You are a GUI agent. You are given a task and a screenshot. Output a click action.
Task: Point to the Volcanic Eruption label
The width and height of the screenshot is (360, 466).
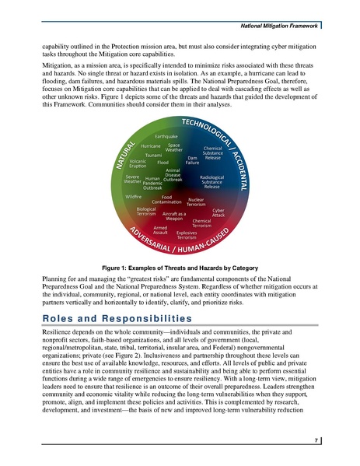(138, 163)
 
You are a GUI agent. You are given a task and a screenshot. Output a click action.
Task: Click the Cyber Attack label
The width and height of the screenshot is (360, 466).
(218, 212)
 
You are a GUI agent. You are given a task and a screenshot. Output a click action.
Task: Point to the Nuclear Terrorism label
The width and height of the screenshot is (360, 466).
(196, 203)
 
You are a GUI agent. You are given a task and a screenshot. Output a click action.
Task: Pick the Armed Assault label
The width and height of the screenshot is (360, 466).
(161, 229)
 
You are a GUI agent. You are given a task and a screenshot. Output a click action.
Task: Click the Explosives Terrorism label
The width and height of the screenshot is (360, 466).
(187, 234)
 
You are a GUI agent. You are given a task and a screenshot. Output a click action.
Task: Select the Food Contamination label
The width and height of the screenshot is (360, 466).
(166, 200)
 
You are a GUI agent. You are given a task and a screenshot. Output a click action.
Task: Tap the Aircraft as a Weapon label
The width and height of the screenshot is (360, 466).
(173, 216)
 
